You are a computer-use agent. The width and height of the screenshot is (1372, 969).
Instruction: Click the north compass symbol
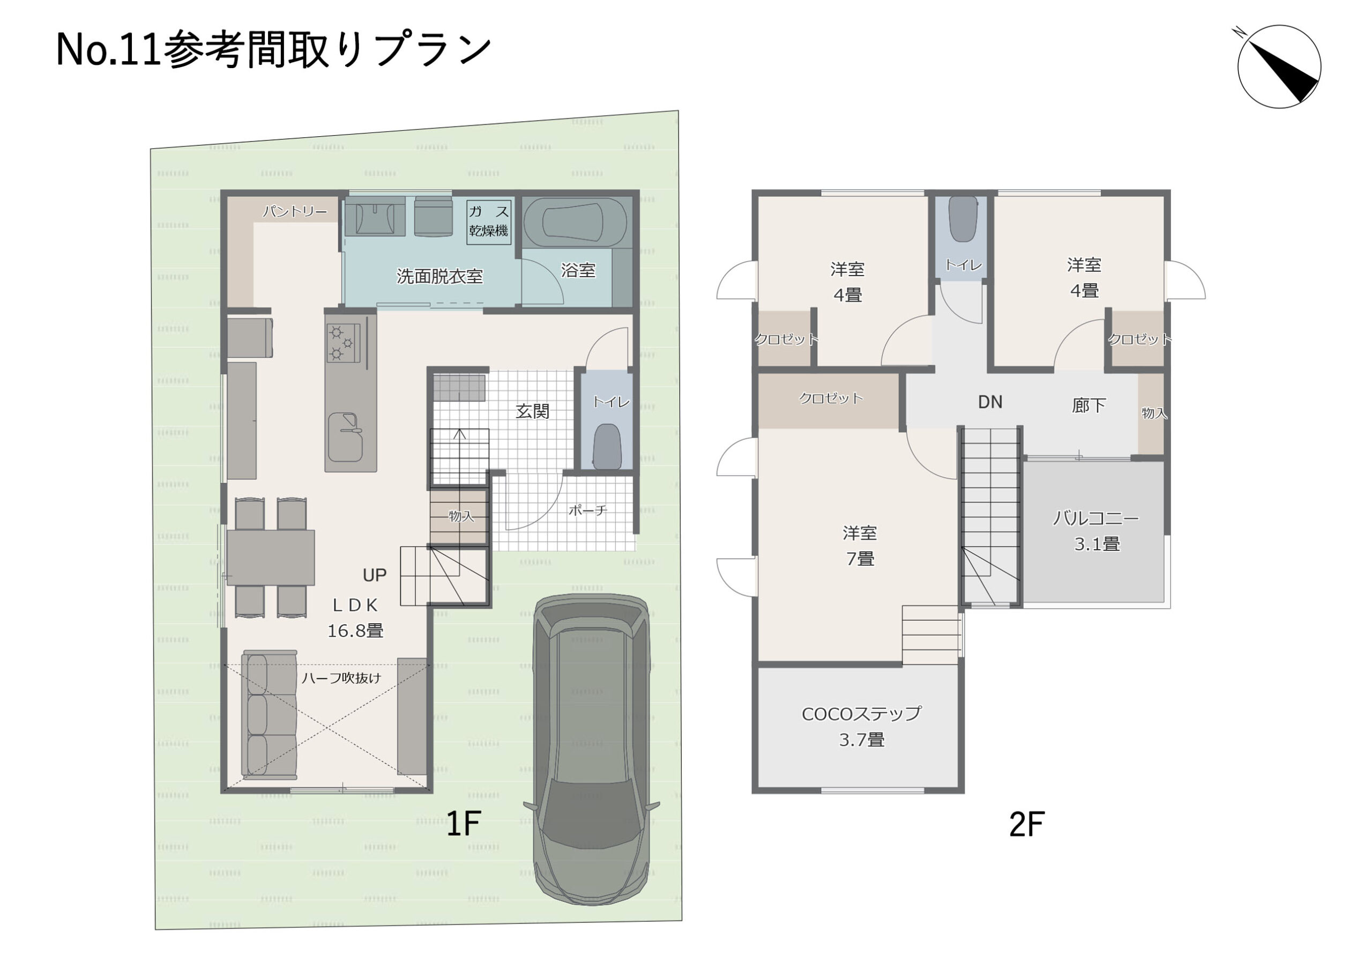[1278, 66]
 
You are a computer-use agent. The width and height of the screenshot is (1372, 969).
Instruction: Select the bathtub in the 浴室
[575, 221]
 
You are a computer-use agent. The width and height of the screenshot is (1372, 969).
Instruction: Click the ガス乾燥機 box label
[489, 221]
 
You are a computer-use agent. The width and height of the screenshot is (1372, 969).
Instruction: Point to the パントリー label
[295, 212]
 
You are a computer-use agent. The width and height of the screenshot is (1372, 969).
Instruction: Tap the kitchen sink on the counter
[345, 437]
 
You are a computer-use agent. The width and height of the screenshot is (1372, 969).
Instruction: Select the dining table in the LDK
[271, 557]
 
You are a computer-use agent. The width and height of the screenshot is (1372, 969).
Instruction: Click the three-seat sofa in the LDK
[270, 715]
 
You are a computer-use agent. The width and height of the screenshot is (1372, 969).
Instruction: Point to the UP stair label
[375, 575]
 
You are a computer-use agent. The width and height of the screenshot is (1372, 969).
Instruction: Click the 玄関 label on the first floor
[532, 411]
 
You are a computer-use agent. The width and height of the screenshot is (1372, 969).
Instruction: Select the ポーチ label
[587, 511]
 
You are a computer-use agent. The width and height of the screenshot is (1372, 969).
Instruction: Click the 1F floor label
[464, 824]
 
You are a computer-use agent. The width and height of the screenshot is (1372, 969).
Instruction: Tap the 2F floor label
[1027, 825]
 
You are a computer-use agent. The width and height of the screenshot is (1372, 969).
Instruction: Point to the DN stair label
[990, 402]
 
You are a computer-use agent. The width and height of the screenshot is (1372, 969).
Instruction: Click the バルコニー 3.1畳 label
[1097, 531]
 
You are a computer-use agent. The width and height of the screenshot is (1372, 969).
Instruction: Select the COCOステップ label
[861, 714]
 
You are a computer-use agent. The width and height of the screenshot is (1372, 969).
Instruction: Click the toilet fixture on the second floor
[963, 219]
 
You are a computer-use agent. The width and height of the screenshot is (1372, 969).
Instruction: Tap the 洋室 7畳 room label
[860, 546]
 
